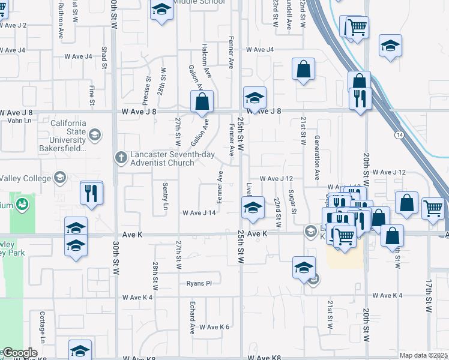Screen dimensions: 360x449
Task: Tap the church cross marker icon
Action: (x=121, y=157)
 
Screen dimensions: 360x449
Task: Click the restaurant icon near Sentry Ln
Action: (x=91, y=193)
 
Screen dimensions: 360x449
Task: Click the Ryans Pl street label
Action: (x=199, y=283)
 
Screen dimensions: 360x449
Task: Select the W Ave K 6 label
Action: (x=215, y=327)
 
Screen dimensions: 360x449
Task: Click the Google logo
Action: (x=20, y=353)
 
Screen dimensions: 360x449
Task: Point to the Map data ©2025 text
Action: (x=424, y=355)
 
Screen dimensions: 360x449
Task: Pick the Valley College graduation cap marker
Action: (x=59, y=177)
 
